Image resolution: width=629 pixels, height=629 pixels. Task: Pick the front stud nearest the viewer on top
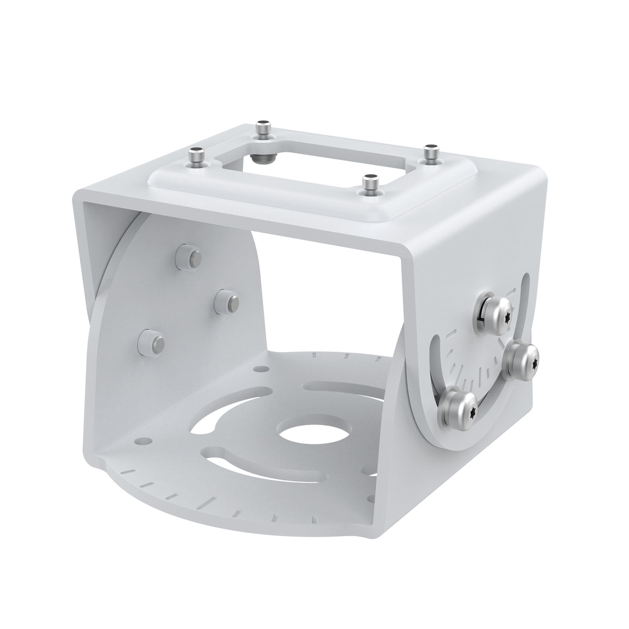pyautogui.click(x=371, y=185)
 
